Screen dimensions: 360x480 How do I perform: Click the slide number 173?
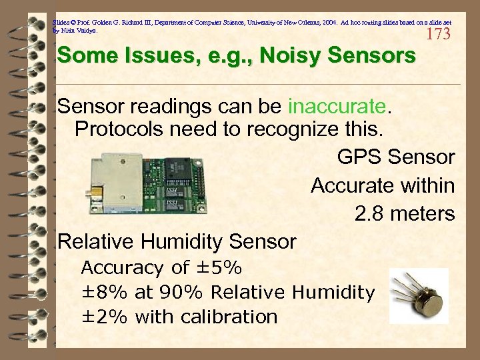[x=438, y=34]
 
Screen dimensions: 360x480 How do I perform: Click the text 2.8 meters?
[x=405, y=214]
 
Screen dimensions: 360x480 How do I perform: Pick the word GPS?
[x=359, y=158]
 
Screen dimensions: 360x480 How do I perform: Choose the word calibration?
[x=229, y=317]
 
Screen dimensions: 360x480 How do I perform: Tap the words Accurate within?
[x=383, y=186]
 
